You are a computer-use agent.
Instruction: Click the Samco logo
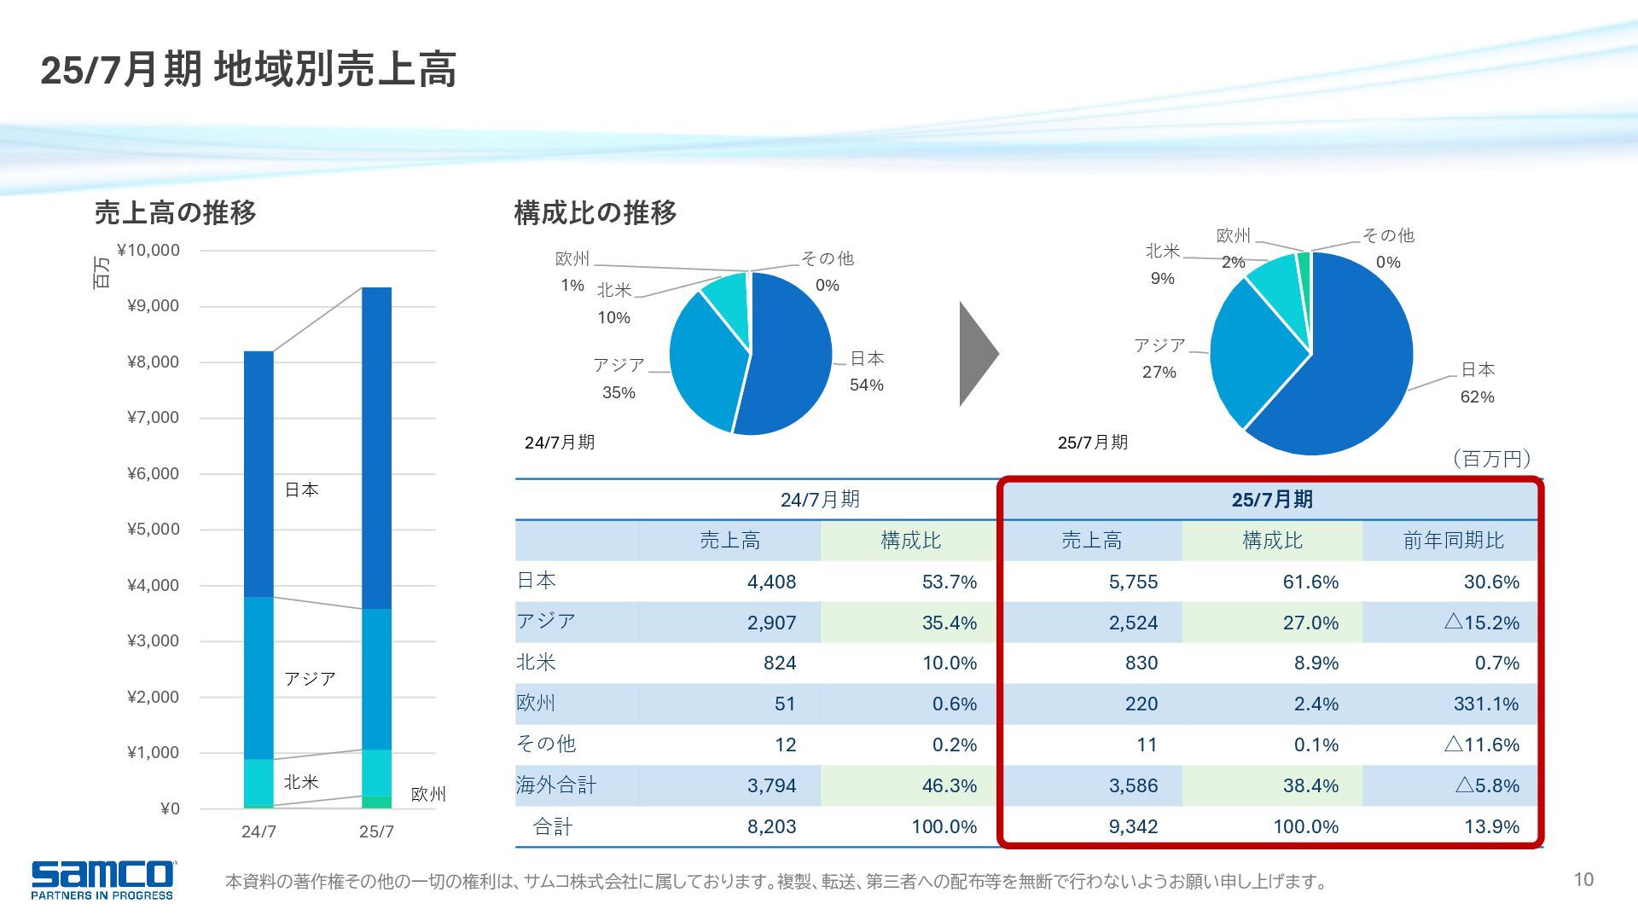102,878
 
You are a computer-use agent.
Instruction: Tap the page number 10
1583,879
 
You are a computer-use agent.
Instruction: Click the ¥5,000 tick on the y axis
154,529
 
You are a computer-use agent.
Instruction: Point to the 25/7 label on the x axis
376,831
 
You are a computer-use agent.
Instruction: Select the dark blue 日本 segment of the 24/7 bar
258,473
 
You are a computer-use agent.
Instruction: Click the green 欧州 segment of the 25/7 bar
376,802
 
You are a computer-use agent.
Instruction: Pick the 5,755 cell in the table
1133,582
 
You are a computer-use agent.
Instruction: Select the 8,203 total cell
771,826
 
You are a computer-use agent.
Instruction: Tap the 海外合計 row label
556,785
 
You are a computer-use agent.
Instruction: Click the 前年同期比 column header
1453,541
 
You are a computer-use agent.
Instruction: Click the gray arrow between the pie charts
978,353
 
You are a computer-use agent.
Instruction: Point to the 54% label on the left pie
866,385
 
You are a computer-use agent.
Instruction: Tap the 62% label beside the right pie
1477,397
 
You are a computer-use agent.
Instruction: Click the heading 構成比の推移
595,212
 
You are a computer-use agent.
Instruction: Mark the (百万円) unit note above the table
1491,459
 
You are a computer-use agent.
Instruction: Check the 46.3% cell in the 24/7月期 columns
949,785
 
